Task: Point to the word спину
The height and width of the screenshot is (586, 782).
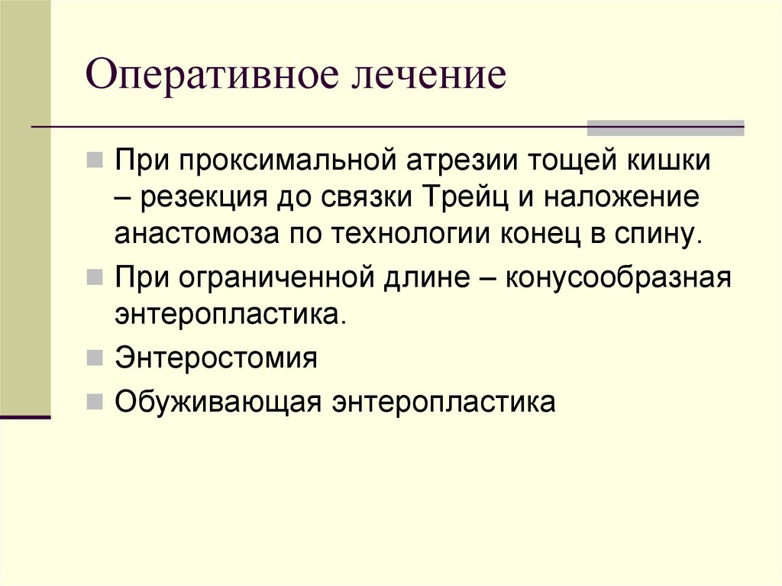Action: click(656, 233)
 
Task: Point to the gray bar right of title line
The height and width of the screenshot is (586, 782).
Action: click(664, 128)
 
